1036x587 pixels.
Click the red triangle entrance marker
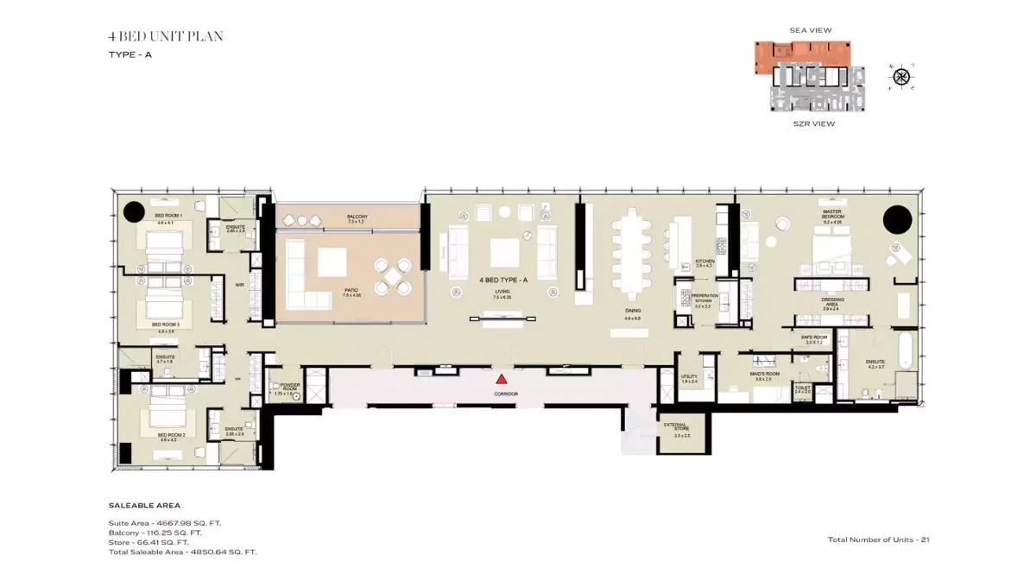click(x=501, y=378)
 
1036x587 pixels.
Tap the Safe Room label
click(x=814, y=338)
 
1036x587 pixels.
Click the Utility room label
click(x=689, y=377)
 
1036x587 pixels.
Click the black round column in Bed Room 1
click(x=134, y=211)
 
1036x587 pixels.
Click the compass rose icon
click(x=901, y=77)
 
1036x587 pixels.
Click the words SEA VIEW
click(x=811, y=30)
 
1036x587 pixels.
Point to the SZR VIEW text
click(x=813, y=123)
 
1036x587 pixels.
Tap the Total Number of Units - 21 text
click(x=878, y=540)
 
